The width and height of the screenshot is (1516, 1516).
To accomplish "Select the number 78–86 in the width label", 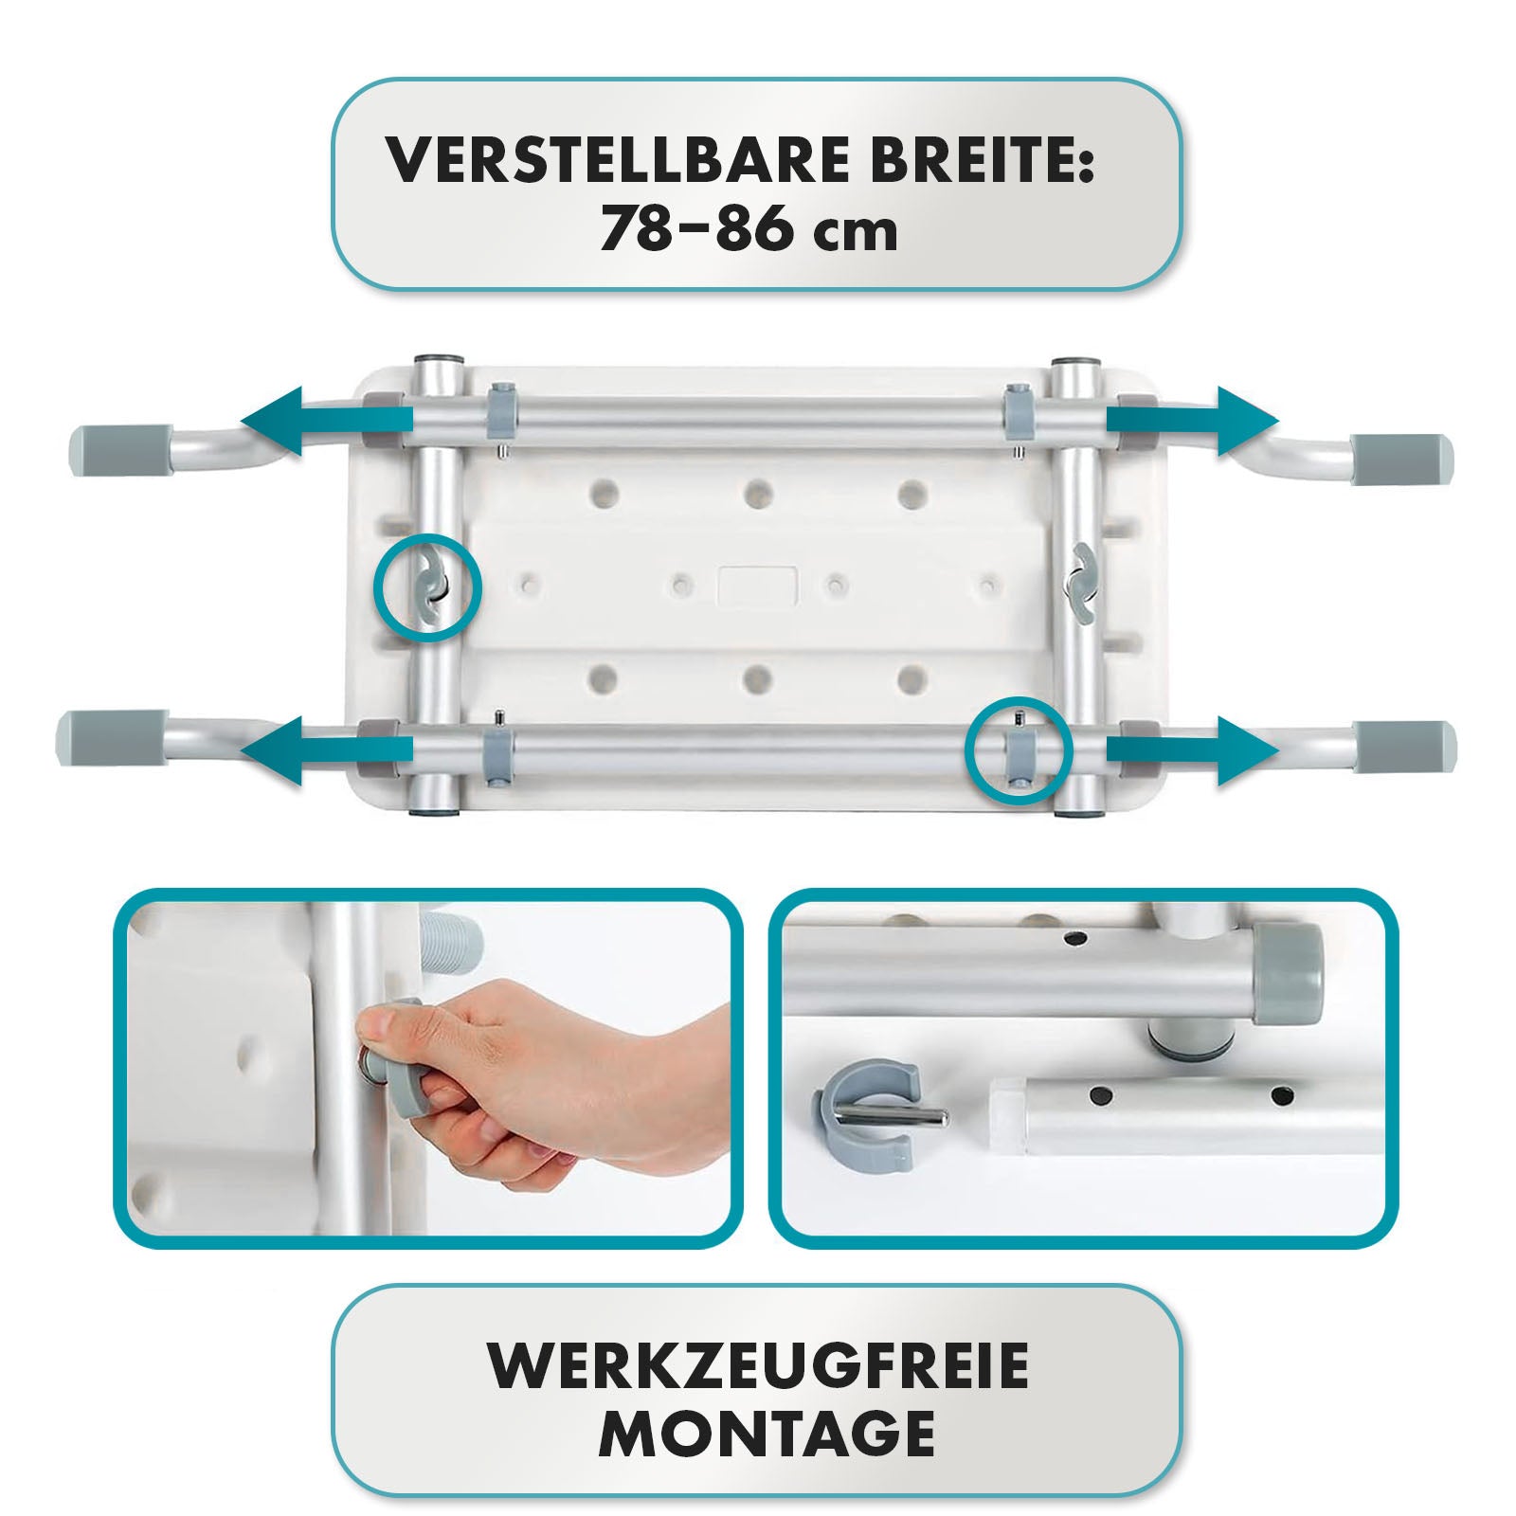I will coord(699,230).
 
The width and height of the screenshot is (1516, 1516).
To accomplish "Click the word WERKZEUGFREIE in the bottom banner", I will coord(757,1365).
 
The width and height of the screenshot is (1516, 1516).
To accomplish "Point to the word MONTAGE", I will coord(767,1434).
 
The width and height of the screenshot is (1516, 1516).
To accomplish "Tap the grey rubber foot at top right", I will coord(1401,460).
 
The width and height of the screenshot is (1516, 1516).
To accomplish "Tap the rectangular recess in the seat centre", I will coord(758,587).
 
